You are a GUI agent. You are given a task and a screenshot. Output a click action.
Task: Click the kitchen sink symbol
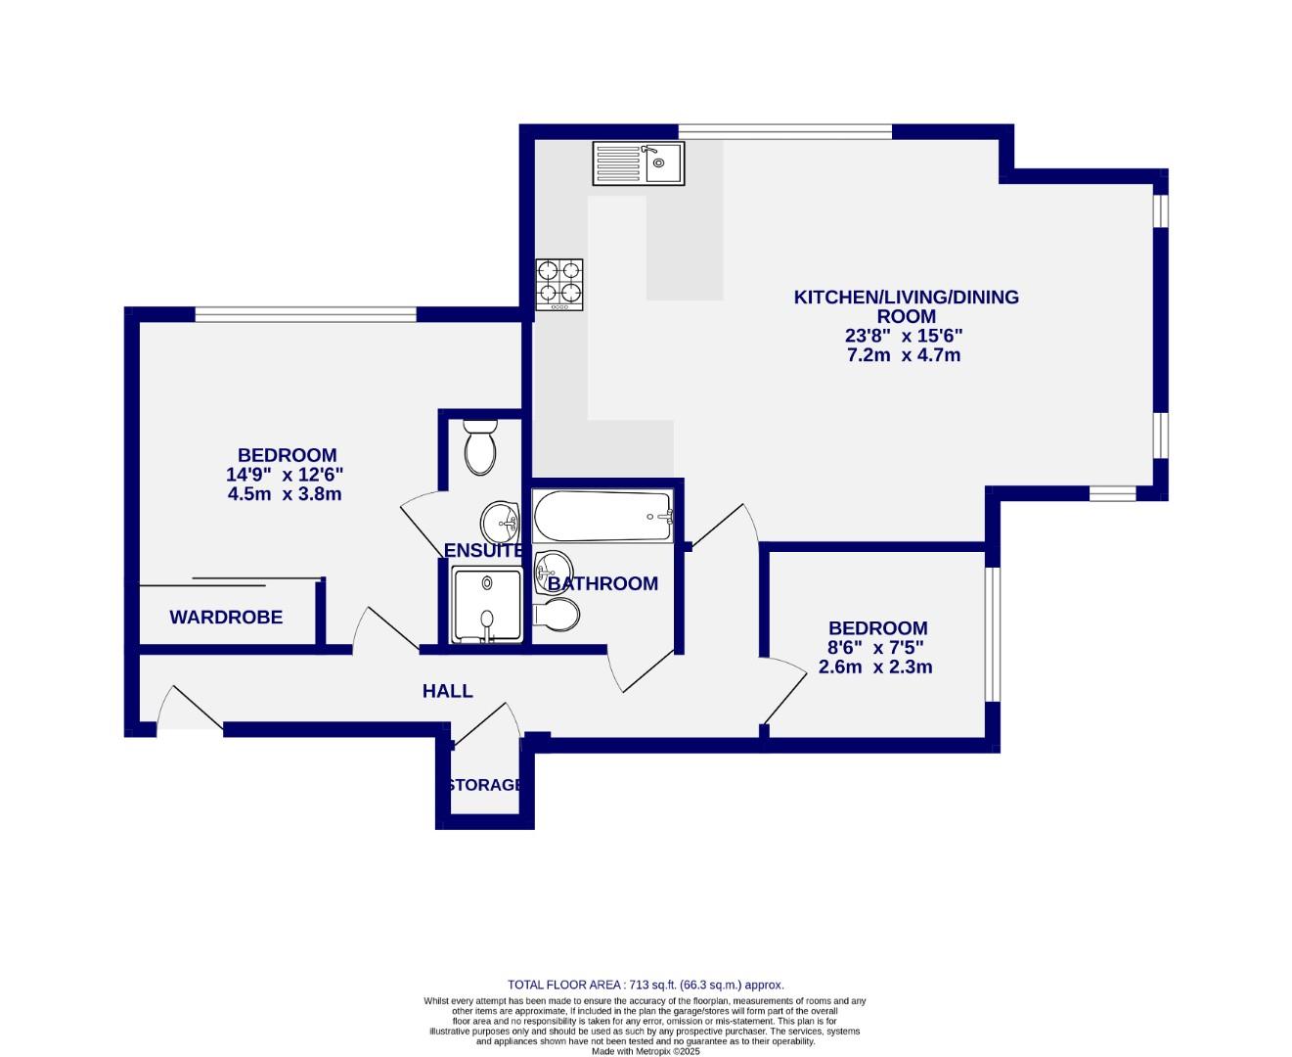click(x=639, y=162)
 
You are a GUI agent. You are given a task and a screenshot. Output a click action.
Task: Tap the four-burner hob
click(x=558, y=285)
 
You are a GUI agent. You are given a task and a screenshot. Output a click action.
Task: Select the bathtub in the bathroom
click(x=602, y=516)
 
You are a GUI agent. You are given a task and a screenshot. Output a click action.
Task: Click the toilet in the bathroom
click(x=557, y=615)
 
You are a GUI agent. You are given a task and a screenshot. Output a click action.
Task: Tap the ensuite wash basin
click(x=501, y=518)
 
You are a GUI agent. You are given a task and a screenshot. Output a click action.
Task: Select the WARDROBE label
click(x=226, y=618)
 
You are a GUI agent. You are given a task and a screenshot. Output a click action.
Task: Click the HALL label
click(x=447, y=691)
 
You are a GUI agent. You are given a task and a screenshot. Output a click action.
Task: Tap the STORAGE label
click(x=484, y=785)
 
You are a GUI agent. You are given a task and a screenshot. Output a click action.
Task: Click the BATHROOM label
click(x=602, y=584)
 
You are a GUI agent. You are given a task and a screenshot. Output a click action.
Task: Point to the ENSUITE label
click(x=483, y=551)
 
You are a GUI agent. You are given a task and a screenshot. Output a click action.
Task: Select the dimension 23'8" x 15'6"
click(x=905, y=336)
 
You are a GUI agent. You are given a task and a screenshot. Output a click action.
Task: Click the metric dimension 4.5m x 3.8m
click(x=284, y=494)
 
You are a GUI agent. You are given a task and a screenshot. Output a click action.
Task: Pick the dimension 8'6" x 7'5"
click(x=876, y=648)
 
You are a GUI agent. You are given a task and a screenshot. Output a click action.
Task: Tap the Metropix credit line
click(x=645, y=1051)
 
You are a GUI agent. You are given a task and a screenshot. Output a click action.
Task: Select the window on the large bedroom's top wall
click(x=305, y=314)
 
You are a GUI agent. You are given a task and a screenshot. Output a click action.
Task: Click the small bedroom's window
click(x=992, y=634)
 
